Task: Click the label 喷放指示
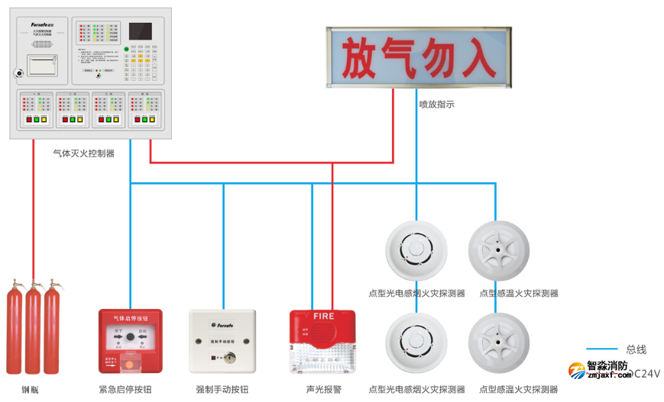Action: point(436,105)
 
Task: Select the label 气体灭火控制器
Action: point(83,153)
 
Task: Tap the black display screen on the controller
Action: point(140,31)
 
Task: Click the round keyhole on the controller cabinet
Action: point(18,75)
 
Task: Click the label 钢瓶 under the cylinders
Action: point(31,390)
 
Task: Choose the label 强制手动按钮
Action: point(222,390)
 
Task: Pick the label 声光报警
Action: point(322,390)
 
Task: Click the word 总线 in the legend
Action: point(636,349)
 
